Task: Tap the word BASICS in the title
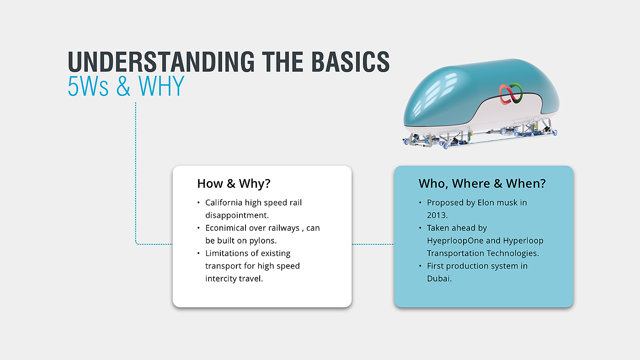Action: click(351, 62)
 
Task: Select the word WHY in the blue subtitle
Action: click(161, 86)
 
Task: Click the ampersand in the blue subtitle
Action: click(123, 86)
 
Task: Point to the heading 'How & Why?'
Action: click(234, 184)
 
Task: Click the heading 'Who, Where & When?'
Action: click(482, 184)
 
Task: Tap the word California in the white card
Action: click(224, 202)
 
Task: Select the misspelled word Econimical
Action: click(225, 228)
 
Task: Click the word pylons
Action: click(263, 241)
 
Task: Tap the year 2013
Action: click(437, 215)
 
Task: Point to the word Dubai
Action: click(439, 279)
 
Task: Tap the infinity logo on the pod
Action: click(511, 94)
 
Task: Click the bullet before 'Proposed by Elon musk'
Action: click(420, 203)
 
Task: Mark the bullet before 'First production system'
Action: click(420, 266)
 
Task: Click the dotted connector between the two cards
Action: click(373, 244)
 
